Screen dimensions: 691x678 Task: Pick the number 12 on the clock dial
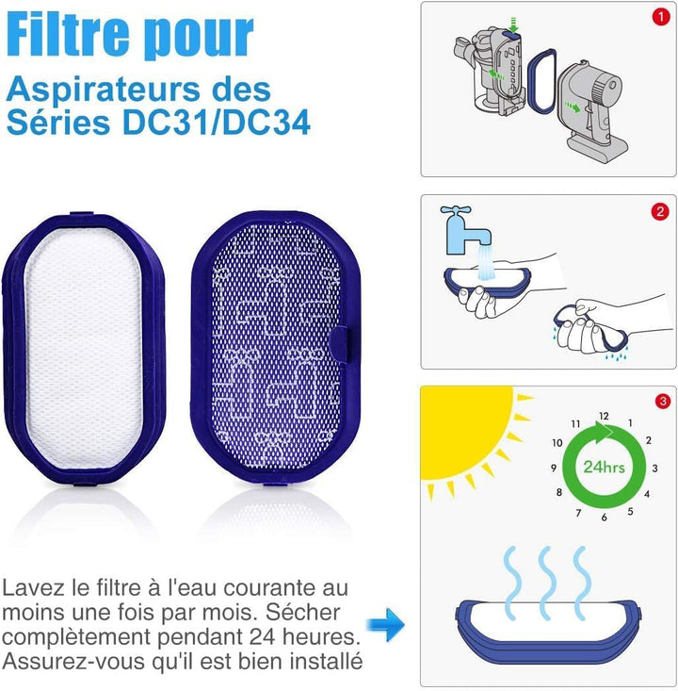click(x=603, y=417)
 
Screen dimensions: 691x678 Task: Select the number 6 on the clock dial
click(x=604, y=517)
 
